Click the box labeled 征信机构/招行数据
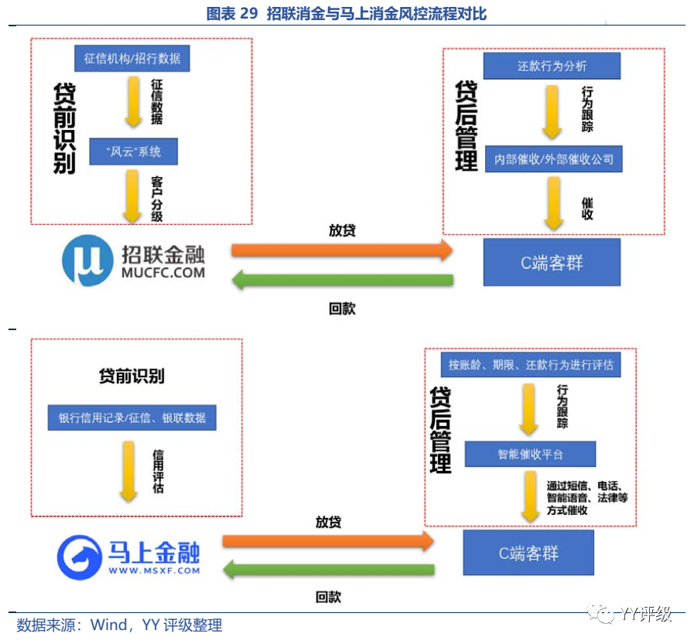point(132,59)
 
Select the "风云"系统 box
point(133,152)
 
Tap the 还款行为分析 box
point(552,66)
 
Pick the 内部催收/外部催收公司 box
point(554,158)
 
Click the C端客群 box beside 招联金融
point(552,262)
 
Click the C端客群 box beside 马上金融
point(528,553)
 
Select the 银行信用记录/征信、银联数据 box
point(132,417)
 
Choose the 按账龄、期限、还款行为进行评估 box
point(531,364)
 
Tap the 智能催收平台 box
point(530,454)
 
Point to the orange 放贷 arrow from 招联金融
point(341,250)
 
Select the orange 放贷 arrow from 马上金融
point(327,541)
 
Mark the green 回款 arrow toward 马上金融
point(327,571)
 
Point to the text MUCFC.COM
point(163,272)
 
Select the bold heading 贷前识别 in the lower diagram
point(132,377)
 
